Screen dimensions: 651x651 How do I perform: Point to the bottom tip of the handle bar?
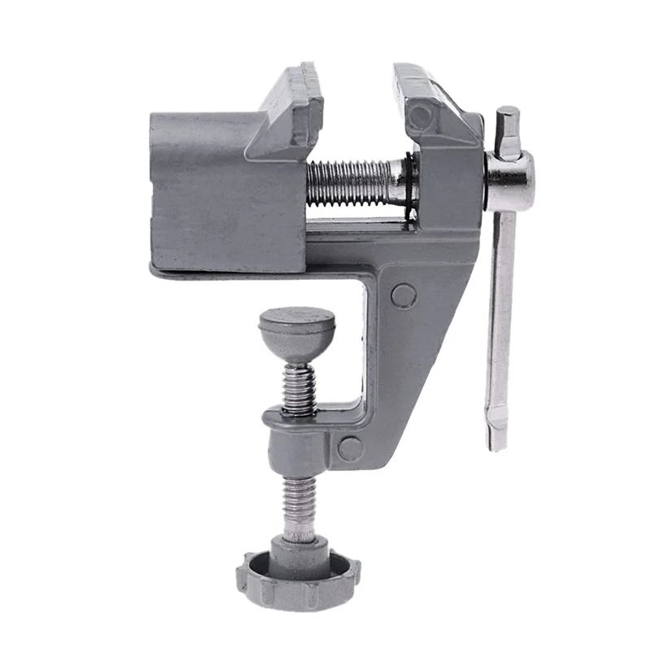click(497, 439)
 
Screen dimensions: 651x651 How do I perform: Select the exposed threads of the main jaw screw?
click(346, 183)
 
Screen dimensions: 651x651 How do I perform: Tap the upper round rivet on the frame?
click(403, 295)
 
